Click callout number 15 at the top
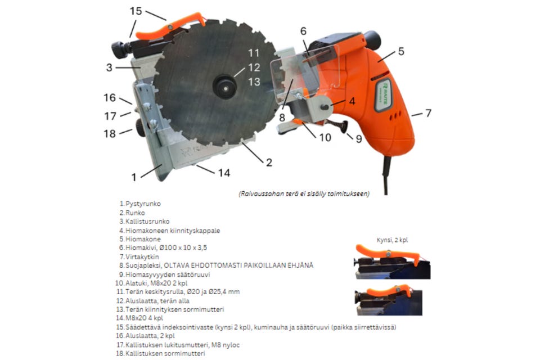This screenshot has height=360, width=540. point(136,11)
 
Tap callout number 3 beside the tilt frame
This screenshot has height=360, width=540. point(109,67)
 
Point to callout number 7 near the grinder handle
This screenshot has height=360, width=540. point(428,113)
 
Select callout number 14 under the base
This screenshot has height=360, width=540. point(224,173)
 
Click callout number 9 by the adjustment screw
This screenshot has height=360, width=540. point(359,138)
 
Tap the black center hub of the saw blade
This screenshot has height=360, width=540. point(225,88)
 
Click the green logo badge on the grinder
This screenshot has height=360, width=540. point(383,94)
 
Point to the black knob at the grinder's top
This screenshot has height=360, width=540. point(372,39)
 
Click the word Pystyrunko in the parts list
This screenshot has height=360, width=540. point(143,204)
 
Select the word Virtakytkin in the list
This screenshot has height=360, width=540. point(142,256)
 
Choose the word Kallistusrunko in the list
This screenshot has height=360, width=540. point(147,222)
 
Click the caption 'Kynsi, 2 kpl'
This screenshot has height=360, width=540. point(392,240)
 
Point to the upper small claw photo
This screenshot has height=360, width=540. point(393,262)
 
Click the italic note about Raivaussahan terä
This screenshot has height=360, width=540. point(304,193)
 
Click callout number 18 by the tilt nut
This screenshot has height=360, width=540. point(110,133)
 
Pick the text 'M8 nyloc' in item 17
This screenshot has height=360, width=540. point(226,345)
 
